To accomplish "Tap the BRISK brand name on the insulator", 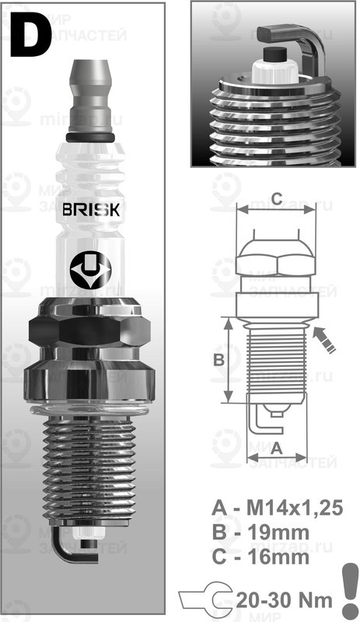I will coord(91,210).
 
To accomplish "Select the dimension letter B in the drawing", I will coord(219,360).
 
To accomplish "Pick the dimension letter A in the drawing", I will coord(275,447).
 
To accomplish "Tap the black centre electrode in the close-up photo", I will coord(274,54).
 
